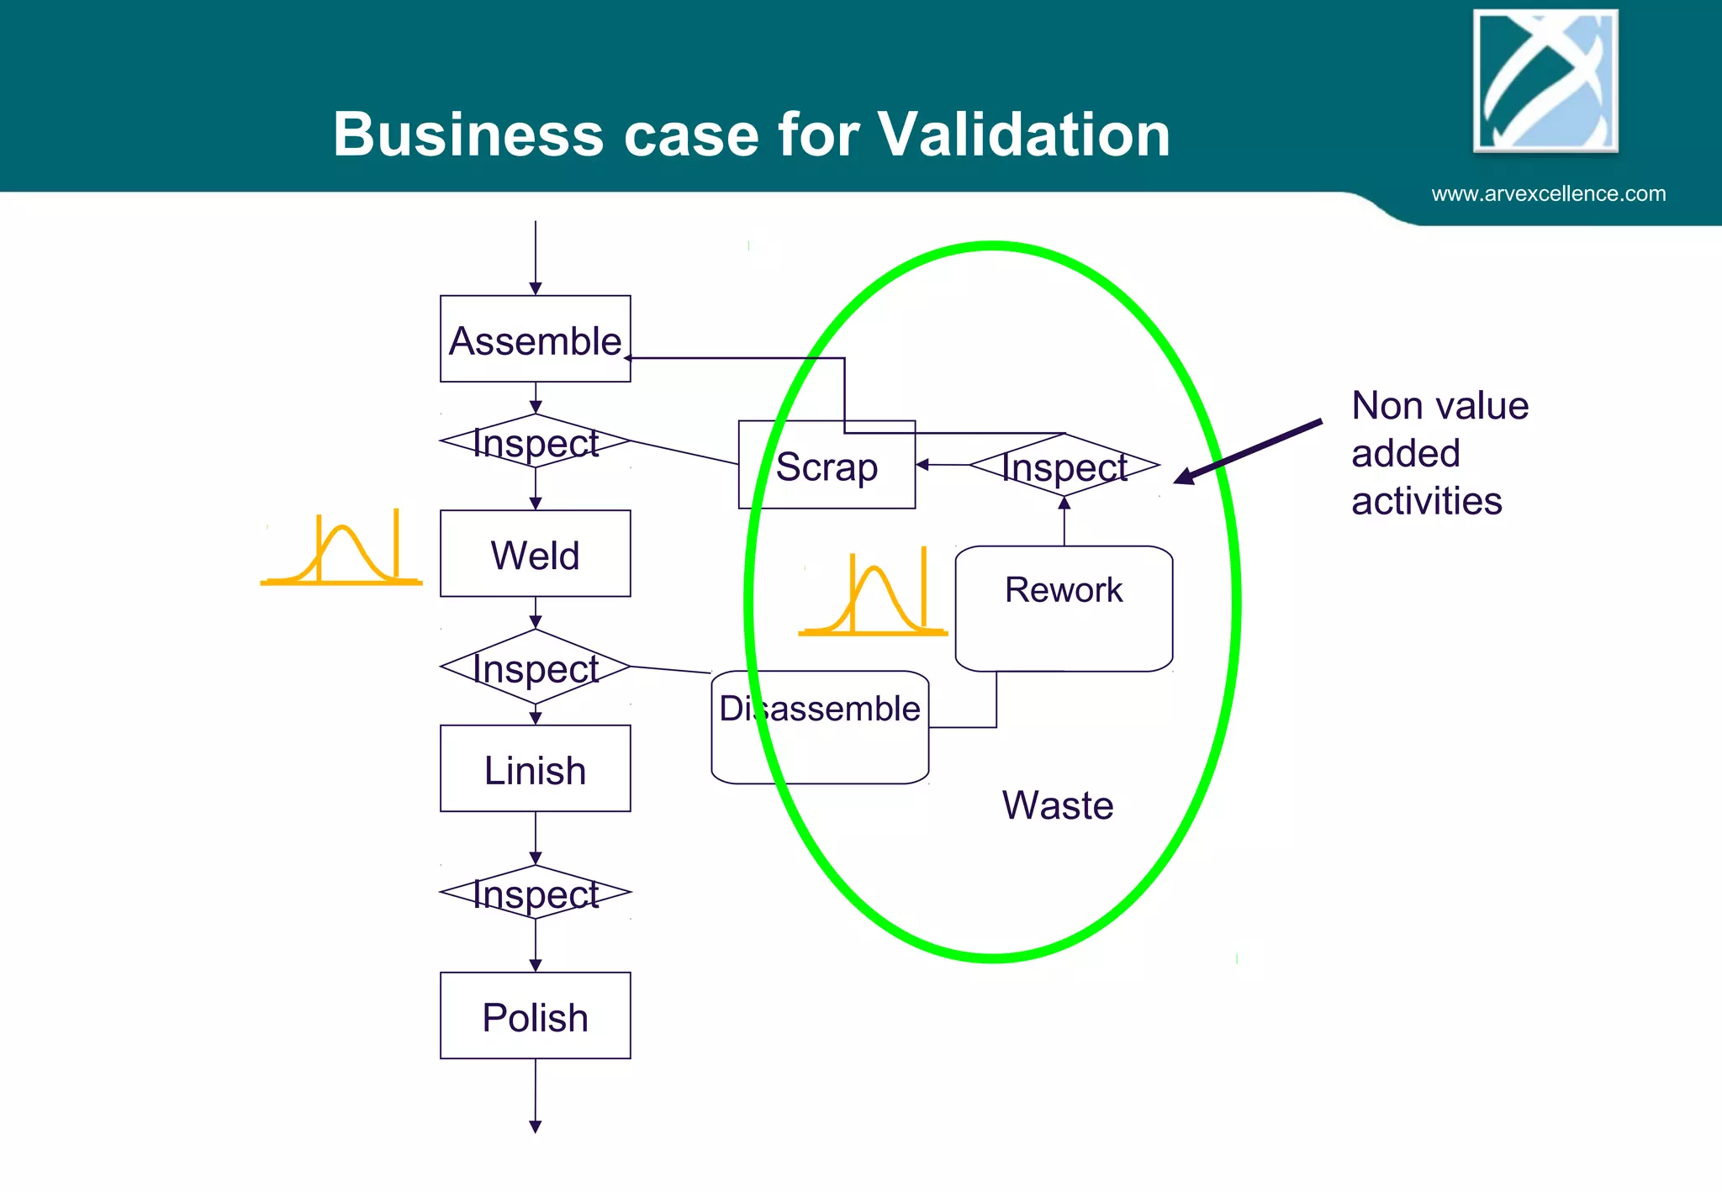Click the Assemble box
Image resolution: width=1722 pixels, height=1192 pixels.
click(x=535, y=339)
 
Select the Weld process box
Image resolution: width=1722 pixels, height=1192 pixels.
click(x=535, y=554)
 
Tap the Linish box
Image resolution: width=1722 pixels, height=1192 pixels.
click(x=535, y=768)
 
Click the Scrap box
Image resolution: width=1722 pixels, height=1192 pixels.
click(x=826, y=466)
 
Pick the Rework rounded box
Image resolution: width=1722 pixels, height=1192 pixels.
click(x=1064, y=609)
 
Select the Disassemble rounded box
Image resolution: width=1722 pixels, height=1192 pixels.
click(x=820, y=727)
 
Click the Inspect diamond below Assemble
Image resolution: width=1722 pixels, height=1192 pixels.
click(x=535, y=441)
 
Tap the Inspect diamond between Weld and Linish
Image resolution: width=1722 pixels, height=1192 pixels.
click(x=535, y=667)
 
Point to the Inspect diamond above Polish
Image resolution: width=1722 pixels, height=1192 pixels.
click(x=535, y=893)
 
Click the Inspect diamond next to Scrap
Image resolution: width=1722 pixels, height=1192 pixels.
click(x=1064, y=465)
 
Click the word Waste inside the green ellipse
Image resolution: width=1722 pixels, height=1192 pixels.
click(x=1057, y=805)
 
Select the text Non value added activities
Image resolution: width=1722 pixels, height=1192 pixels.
click(x=1439, y=453)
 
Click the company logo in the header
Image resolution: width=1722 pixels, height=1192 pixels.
click(x=1545, y=82)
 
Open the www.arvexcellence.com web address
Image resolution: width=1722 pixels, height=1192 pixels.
click(x=1548, y=194)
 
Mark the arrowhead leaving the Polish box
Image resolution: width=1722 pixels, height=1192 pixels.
click(x=535, y=1126)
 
